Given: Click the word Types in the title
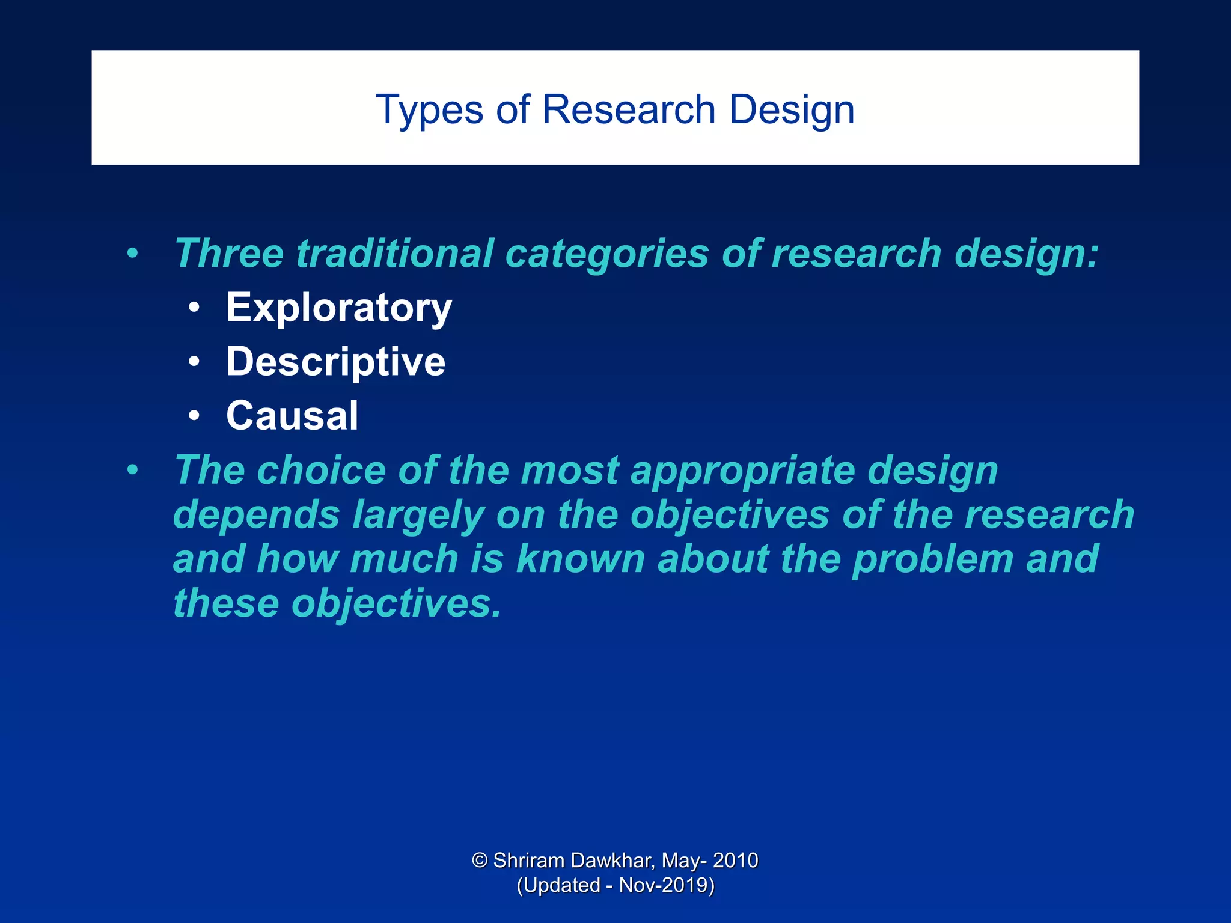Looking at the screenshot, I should click(429, 110).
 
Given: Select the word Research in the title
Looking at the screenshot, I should click(628, 110).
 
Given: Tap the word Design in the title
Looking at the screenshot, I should click(792, 110).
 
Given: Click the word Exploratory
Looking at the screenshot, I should click(339, 308).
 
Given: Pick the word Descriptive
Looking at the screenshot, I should click(335, 362).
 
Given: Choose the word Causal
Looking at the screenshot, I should click(292, 416).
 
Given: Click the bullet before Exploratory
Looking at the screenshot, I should click(194, 308).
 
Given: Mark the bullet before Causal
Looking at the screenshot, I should click(194, 416).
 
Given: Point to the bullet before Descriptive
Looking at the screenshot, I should click(194, 362).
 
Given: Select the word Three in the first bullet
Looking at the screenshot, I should click(228, 254).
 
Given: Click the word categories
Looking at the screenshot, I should click(607, 254).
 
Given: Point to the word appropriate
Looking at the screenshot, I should click(743, 470).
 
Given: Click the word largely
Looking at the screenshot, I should click(418, 516).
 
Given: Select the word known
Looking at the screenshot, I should click(581, 559).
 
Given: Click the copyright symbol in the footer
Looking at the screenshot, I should click(480, 861).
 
